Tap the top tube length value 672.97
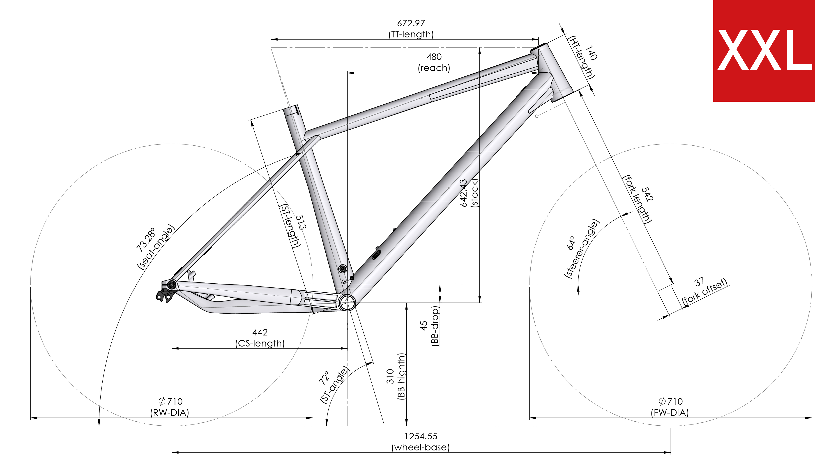pos(411,23)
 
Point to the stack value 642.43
pos(463,193)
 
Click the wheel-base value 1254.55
pos(421,436)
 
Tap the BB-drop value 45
pos(423,326)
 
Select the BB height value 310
pos(390,376)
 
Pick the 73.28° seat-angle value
pos(146,239)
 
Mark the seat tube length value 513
pos(301,222)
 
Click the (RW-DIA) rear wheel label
pos(169,413)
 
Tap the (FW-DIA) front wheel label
pos(670,413)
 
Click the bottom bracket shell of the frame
pos(347,302)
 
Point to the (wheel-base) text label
pos(421,447)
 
